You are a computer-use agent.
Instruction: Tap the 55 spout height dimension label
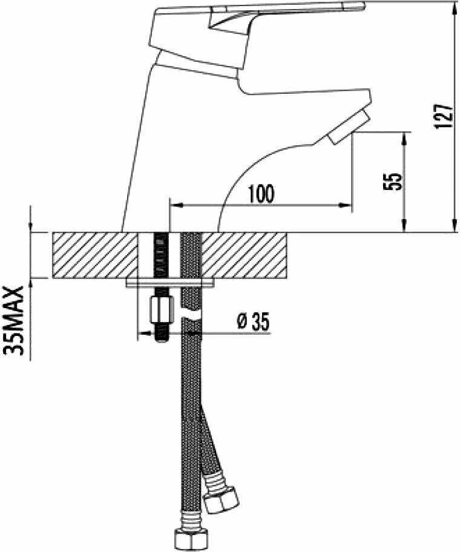pyautogui.click(x=393, y=181)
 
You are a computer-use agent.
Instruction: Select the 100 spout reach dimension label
pyautogui.click(x=261, y=194)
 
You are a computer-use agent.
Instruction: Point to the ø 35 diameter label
pyautogui.click(x=253, y=322)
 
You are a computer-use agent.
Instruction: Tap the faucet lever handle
pyautogui.click(x=284, y=15)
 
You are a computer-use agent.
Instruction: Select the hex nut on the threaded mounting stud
pyautogui.click(x=160, y=309)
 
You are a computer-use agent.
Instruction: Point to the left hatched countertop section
pyautogui.click(x=95, y=255)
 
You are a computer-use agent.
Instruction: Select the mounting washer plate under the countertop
pyautogui.click(x=171, y=283)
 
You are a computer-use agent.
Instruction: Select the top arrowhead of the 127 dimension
pyautogui.click(x=454, y=6)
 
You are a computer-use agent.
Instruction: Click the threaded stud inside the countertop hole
pyautogui.click(x=160, y=254)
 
